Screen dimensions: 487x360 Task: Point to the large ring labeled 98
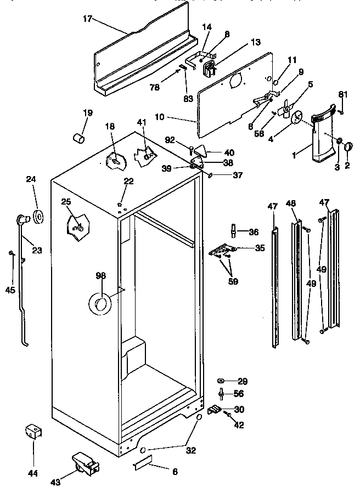pos(100,303)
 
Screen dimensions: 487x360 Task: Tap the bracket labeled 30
pos(216,409)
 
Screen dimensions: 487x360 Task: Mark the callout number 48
pos(291,204)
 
